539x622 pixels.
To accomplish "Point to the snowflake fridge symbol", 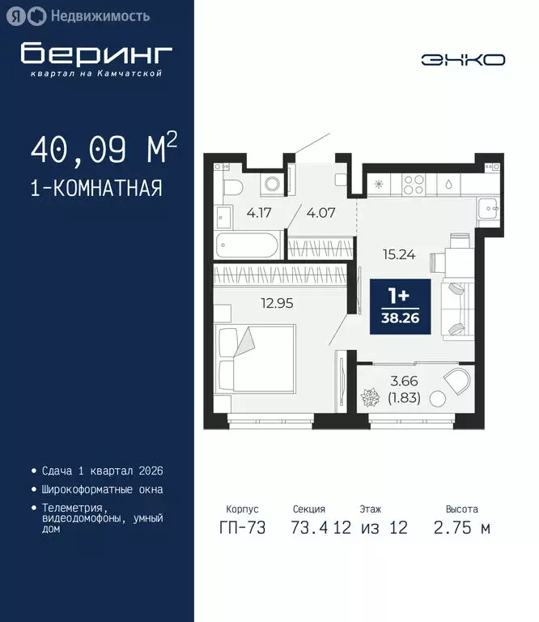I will [378, 185].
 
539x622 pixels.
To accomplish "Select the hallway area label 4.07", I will [319, 214].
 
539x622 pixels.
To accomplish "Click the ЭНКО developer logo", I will [463, 59].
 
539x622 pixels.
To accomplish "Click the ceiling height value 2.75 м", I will [462, 528].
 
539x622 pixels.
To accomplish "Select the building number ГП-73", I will [241, 528].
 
